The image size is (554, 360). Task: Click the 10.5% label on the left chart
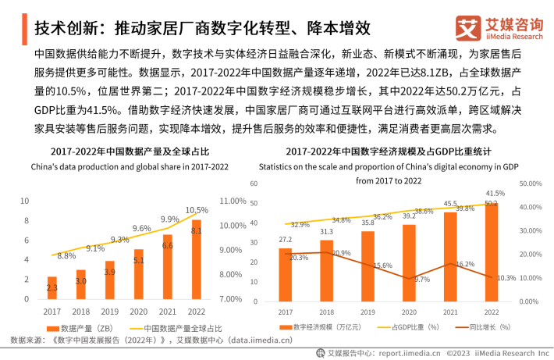(x=197, y=210)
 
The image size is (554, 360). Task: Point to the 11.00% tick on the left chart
(x=233, y=201)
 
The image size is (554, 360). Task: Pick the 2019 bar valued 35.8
(x=368, y=266)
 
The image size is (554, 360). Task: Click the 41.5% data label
(x=493, y=193)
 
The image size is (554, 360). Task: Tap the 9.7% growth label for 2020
(x=422, y=280)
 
